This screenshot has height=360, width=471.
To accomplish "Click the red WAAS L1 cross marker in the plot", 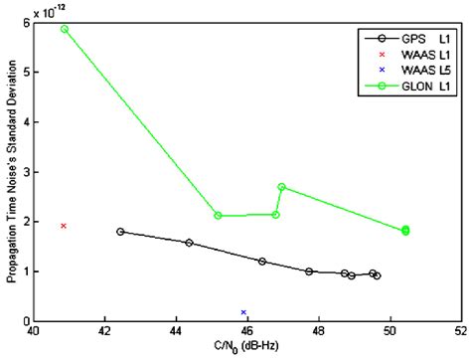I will click(64, 226).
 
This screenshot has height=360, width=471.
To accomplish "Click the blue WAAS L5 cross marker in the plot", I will click(243, 312).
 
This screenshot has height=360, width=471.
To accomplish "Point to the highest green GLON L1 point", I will click(65, 29).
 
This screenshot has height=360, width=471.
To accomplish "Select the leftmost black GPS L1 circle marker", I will click(120, 232).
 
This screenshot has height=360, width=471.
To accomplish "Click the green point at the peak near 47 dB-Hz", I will click(282, 187).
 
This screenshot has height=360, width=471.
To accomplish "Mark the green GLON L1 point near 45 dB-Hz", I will click(218, 216).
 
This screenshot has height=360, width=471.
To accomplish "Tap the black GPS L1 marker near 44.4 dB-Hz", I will click(189, 243).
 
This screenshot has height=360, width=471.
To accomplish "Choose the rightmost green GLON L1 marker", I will click(405, 231).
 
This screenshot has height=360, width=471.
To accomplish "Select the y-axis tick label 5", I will click(24, 72).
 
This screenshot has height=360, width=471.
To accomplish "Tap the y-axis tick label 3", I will click(24, 172).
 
